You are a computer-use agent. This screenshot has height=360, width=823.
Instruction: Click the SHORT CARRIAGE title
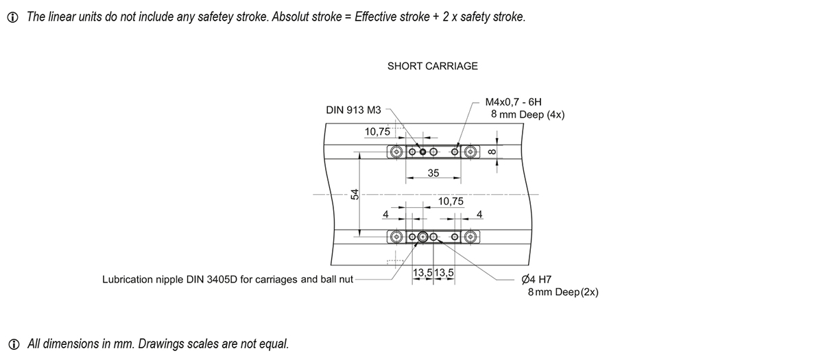pyautogui.click(x=432, y=67)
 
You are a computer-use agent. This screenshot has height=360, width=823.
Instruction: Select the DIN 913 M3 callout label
pyautogui.click(x=353, y=110)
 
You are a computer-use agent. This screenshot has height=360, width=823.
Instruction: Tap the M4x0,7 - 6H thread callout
pyautogui.click(x=514, y=101)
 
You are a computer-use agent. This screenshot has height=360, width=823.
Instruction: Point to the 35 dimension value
pyautogui.click(x=433, y=173)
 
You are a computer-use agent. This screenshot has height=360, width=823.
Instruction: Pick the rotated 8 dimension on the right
pyautogui.click(x=492, y=152)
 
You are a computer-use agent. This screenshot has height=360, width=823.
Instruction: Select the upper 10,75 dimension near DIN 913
pyautogui.click(x=377, y=132)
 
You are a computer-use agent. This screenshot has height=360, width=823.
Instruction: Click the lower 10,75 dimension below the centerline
pyautogui.click(x=451, y=202)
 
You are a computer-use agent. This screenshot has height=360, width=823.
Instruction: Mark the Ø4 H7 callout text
pyautogui.click(x=536, y=280)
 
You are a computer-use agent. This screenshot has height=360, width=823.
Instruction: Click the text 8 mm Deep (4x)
pyautogui.click(x=527, y=115)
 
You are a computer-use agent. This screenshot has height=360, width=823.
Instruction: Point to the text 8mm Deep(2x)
pyautogui.click(x=563, y=292)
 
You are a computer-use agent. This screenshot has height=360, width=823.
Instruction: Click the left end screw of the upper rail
pyautogui.click(x=396, y=152)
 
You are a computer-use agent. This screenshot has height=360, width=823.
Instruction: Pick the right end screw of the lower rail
pyautogui.click(x=470, y=237)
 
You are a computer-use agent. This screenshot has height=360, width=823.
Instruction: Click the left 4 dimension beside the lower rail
pyautogui.click(x=385, y=215)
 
